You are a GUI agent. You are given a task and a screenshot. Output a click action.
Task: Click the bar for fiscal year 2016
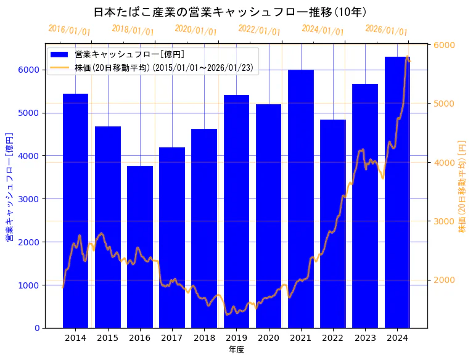140,247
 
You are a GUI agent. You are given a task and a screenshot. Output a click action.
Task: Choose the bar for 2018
204,228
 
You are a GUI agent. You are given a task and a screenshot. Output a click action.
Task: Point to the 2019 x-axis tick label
236,338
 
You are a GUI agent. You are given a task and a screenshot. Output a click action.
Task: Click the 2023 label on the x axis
365,338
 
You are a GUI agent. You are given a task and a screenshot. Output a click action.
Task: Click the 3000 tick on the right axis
443,221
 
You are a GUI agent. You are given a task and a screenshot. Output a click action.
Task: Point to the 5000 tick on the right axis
443,104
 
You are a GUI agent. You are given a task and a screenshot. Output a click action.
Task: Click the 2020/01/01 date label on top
195,30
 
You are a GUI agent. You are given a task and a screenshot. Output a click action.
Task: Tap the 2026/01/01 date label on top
386,30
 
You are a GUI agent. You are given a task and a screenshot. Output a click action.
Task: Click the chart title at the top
230,12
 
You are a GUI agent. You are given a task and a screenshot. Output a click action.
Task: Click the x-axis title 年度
236,350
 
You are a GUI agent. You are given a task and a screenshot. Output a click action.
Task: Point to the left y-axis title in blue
10,186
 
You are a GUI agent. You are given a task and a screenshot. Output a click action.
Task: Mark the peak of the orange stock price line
407,57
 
